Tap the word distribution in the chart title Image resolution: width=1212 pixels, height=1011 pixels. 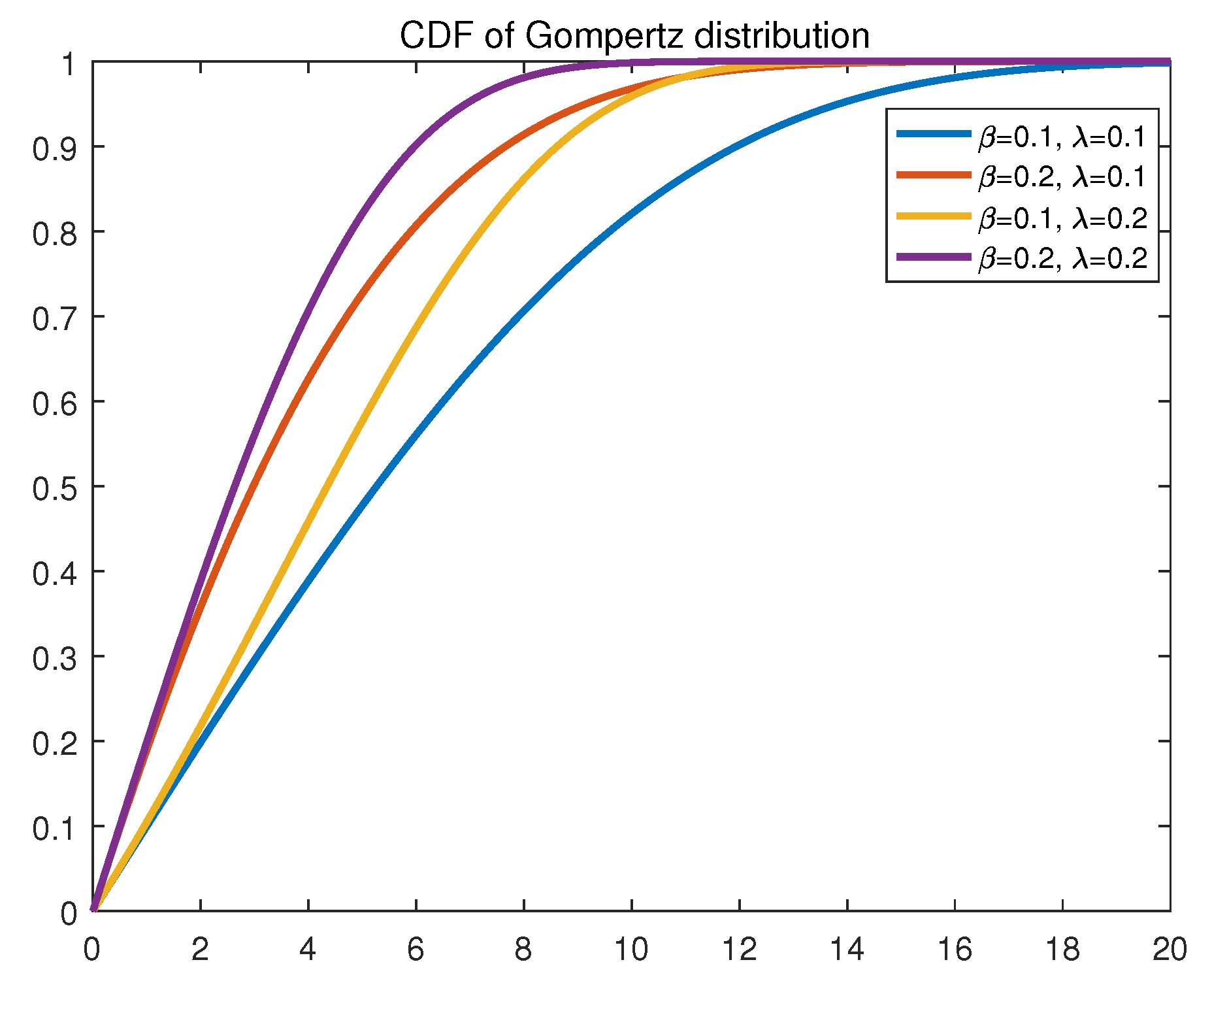pos(782,35)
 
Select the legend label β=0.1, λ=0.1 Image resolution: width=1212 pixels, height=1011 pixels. pos(1062,137)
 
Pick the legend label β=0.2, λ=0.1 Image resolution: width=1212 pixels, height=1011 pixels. pos(1062,177)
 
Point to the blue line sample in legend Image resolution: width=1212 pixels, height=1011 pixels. pos(933,134)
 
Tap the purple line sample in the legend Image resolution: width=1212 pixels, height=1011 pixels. pos(933,257)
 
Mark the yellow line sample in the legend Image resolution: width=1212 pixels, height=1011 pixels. pos(933,216)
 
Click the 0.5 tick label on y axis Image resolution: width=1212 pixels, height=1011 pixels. pos(55,488)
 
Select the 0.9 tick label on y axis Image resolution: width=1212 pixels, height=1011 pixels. pos(55,148)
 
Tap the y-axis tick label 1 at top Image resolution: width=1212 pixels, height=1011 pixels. pos(69,63)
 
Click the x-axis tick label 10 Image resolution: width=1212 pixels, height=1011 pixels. pos(631,950)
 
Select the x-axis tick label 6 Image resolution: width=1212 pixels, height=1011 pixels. pos(416,950)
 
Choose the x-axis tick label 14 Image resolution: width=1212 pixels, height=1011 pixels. pos(847,950)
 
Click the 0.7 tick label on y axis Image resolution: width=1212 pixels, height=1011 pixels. pos(55,318)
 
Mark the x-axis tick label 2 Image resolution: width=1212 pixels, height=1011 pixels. pos(200,950)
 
